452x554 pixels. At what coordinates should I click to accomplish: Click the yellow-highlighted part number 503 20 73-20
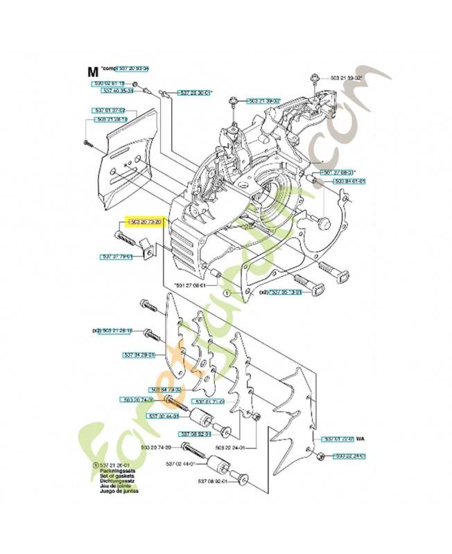click(x=144, y=222)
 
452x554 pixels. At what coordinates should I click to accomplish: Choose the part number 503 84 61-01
click(x=349, y=181)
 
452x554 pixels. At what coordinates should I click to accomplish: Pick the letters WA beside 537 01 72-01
click(x=361, y=438)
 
